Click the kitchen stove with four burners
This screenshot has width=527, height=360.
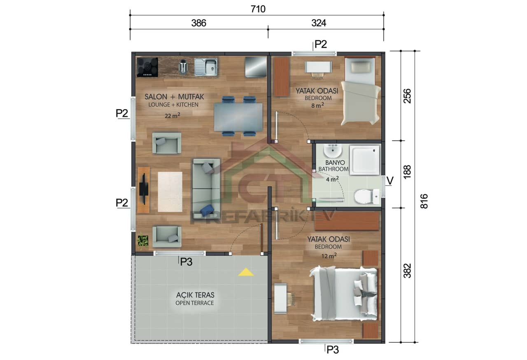[x=147, y=67]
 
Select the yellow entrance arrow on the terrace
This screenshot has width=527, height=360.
[x=246, y=272]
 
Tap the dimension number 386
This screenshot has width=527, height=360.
[x=198, y=23]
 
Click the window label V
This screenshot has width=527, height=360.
[x=389, y=181]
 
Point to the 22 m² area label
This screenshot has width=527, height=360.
[x=172, y=116]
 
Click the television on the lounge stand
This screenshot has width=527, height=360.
[x=144, y=189]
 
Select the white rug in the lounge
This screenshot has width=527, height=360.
[x=170, y=192]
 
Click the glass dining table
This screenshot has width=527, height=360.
[x=238, y=117]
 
